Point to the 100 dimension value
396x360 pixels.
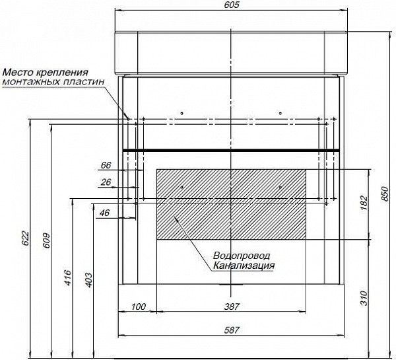138,306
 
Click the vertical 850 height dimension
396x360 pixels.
385,193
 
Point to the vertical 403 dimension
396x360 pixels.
88,280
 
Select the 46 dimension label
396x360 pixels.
104,213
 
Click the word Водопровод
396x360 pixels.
241,256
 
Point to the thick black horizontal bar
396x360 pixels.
231,151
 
